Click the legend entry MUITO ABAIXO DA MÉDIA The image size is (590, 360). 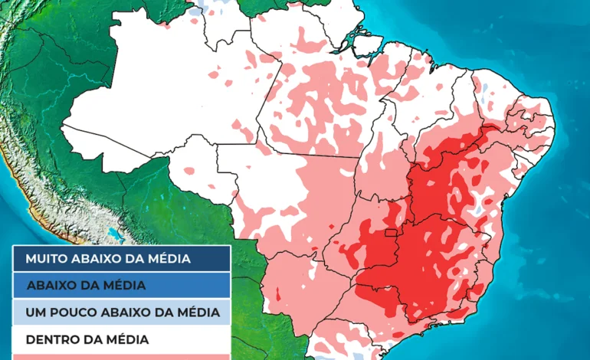120,258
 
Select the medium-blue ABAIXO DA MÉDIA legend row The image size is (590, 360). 120,285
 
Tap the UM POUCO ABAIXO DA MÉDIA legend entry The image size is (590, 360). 120,313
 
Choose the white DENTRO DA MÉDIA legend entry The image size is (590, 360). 120,339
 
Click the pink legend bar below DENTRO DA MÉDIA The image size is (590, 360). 120,356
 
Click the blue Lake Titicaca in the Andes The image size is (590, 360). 115,233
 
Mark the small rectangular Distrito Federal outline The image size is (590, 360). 391,233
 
